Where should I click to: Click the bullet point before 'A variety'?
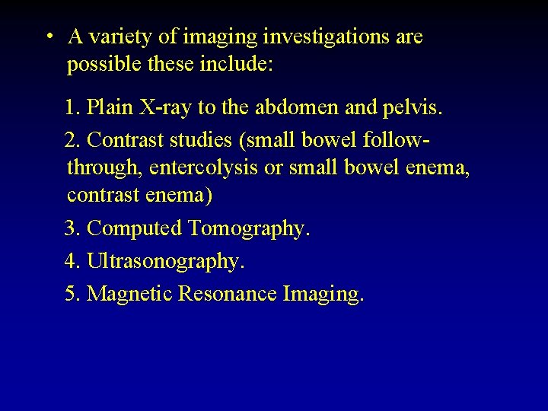point(48,37)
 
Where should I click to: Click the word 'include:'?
point(235,65)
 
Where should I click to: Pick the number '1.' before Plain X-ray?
point(73,108)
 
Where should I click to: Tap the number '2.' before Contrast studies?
point(73,140)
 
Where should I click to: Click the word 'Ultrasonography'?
point(166,261)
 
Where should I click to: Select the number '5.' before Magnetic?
point(73,293)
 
